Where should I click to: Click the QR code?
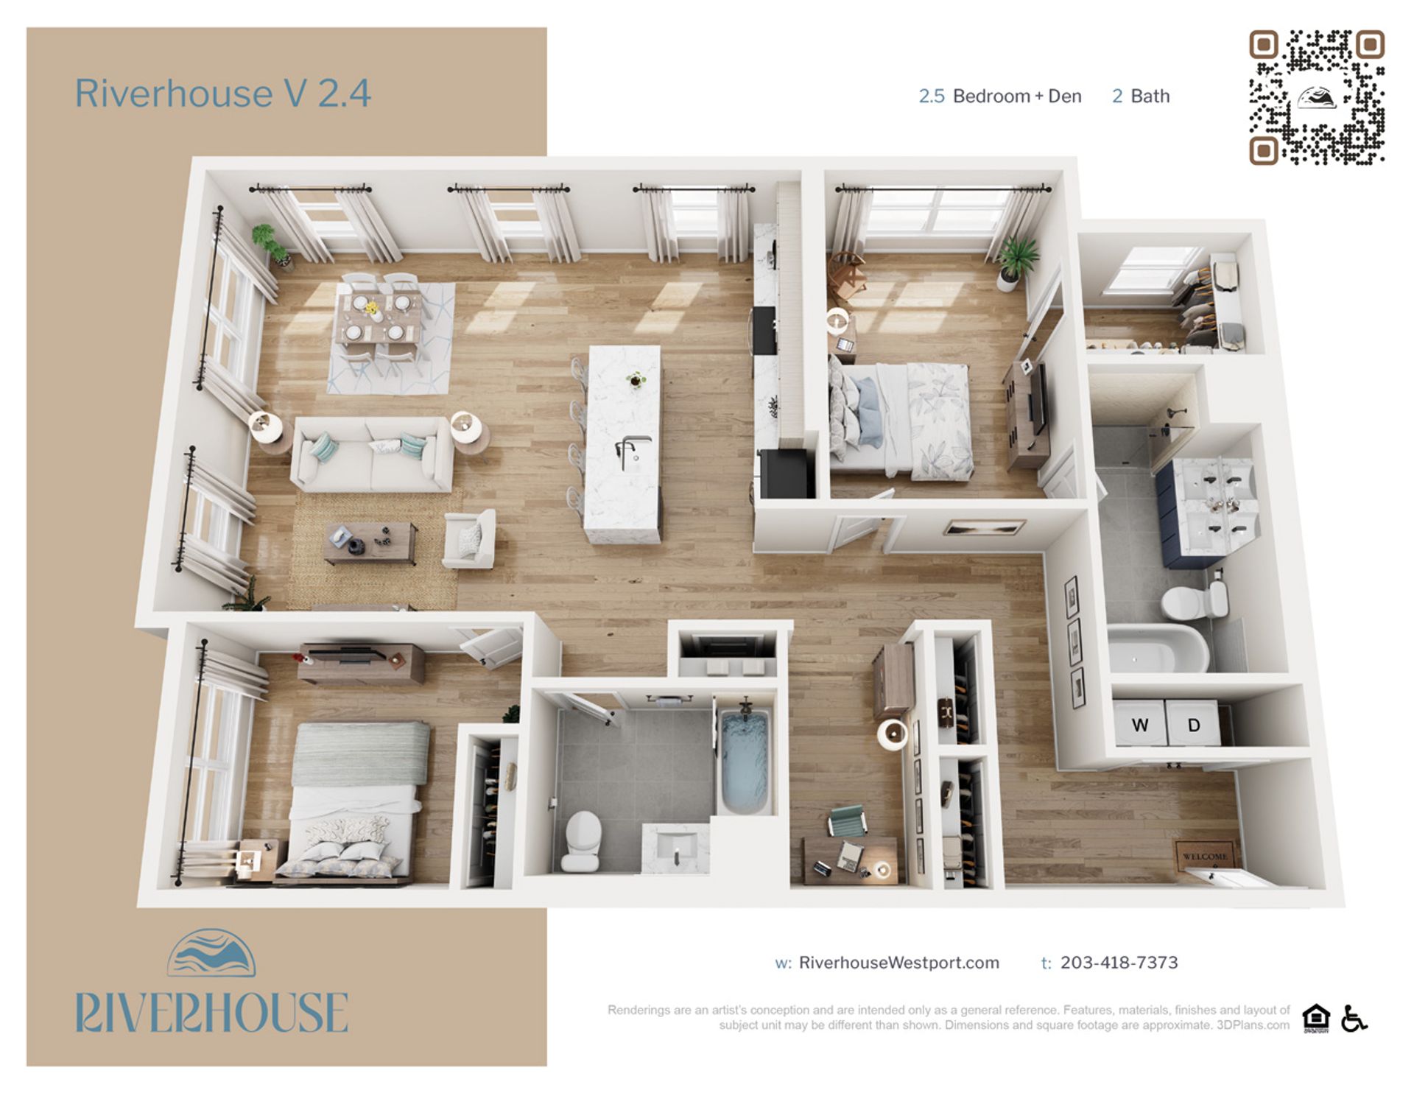click(x=1316, y=97)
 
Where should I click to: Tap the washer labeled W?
click(x=1139, y=724)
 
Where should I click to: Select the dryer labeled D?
click(x=1193, y=725)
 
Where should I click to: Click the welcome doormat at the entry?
click(x=1205, y=856)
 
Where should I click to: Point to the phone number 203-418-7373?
click(x=1119, y=963)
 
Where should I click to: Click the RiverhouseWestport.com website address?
click(x=898, y=963)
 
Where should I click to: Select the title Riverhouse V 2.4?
click(x=222, y=94)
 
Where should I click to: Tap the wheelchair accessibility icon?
click(x=1354, y=1019)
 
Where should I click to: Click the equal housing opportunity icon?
click(x=1315, y=1019)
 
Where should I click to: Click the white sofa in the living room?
click(x=372, y=454)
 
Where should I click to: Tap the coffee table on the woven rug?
click(x=370, y=543)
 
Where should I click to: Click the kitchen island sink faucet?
click(x=628, y=448)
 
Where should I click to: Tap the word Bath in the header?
click(x=1150, y=96)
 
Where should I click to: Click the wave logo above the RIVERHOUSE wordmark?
click(x=211, y=953)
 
